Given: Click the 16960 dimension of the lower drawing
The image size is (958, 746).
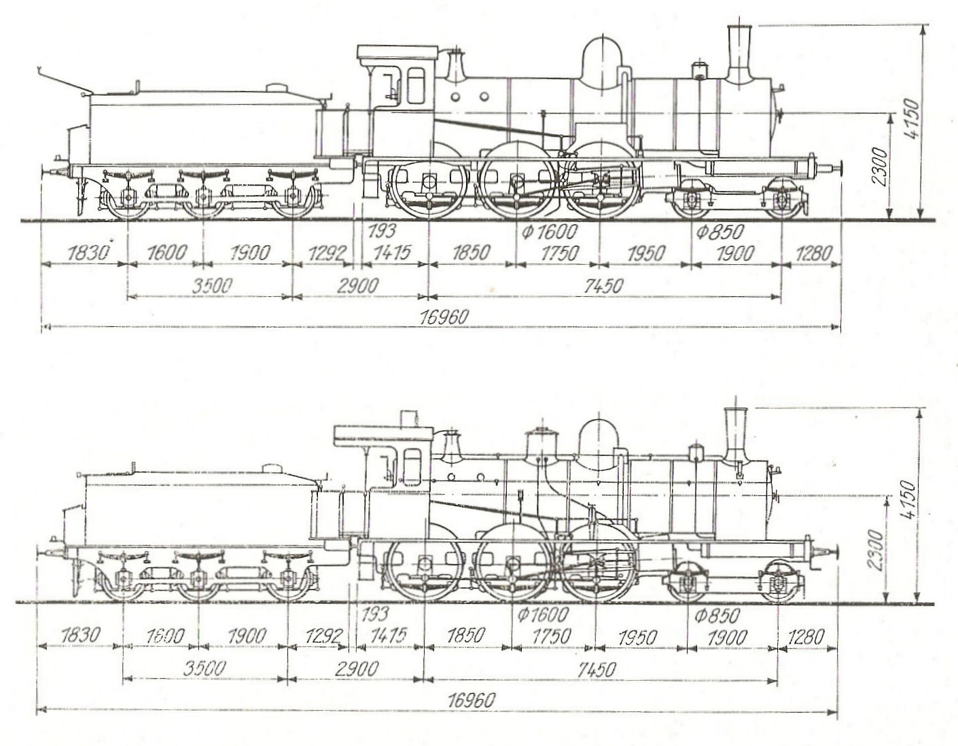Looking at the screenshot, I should point(472,699).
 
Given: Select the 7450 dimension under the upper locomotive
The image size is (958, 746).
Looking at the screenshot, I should point(603,286).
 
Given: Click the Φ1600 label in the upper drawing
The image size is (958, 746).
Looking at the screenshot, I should point(549,232).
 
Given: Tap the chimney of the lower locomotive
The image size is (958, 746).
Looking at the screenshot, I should point(734,435).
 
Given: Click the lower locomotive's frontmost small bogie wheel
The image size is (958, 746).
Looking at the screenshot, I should point(779,583).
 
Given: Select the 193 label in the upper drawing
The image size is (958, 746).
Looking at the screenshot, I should point(382,232).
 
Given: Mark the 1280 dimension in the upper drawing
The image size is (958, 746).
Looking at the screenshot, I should point(812,254).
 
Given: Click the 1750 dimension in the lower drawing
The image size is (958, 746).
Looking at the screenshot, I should point(550,637).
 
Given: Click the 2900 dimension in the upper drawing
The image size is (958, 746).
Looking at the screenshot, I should point(358,286).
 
